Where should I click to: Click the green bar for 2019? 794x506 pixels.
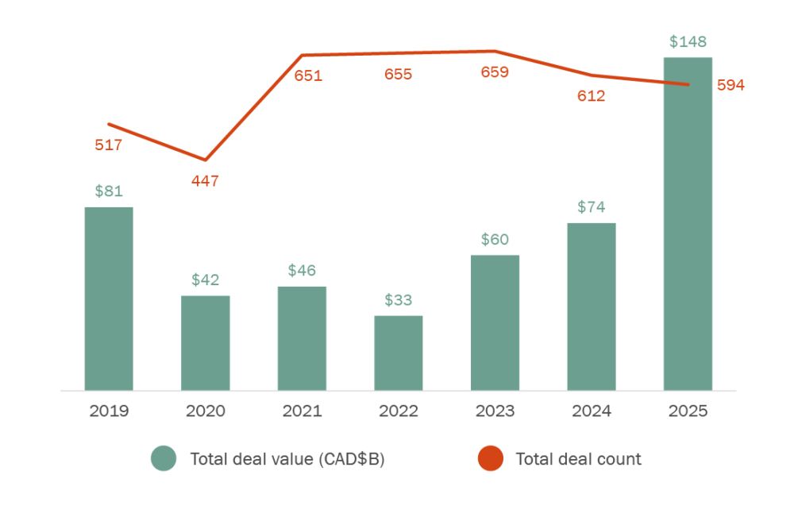[x=109, y=299]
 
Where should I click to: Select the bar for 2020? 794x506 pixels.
[x=206, y=343]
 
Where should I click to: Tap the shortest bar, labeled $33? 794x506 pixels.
[x=399, y=353]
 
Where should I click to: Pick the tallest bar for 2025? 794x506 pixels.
[x=688, y=224]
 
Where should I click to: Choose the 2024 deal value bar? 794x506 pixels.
[x=592, y=307]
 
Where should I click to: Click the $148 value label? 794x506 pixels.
[x=688, y=41]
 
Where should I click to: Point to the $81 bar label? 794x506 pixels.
[x=109, y=191]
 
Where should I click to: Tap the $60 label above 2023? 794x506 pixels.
[x=495, y=239]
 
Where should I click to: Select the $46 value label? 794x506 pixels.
[x=302, y=271]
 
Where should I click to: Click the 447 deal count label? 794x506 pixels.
[x=205, y=181]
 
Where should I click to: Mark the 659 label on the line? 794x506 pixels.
[x=495, y=73]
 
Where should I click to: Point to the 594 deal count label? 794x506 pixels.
[x=730, y=86]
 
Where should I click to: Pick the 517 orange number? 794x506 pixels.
[x=109, y=145]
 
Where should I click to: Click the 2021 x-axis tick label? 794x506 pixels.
[x=302, y=411]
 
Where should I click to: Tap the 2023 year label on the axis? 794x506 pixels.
[x=495, y=411]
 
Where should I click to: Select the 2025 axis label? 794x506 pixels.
[x=688, y=411]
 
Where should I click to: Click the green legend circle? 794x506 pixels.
[x=164, y=458]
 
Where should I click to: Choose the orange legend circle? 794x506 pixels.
[x=491, y=458]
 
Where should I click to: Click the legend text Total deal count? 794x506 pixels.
[x=578, y=458]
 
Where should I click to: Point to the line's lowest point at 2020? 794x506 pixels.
[x=206, y=160]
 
